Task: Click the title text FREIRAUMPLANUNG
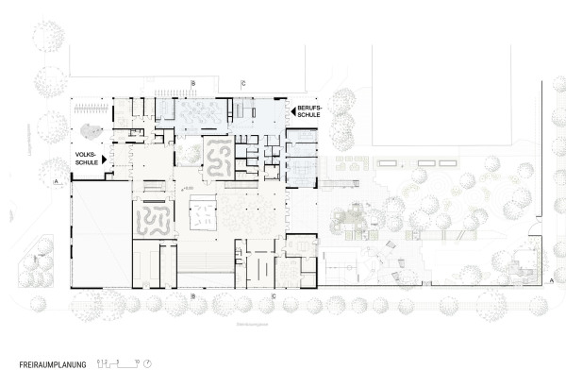(52, 363)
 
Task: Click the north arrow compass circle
(148, 363)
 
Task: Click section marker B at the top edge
(194, 84)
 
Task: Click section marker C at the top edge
(243, 84)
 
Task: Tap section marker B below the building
(194, 296)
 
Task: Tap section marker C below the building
(274, 296)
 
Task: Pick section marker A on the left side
(57, 179)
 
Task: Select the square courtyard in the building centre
(206, 217)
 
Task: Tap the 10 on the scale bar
(137, 360)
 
